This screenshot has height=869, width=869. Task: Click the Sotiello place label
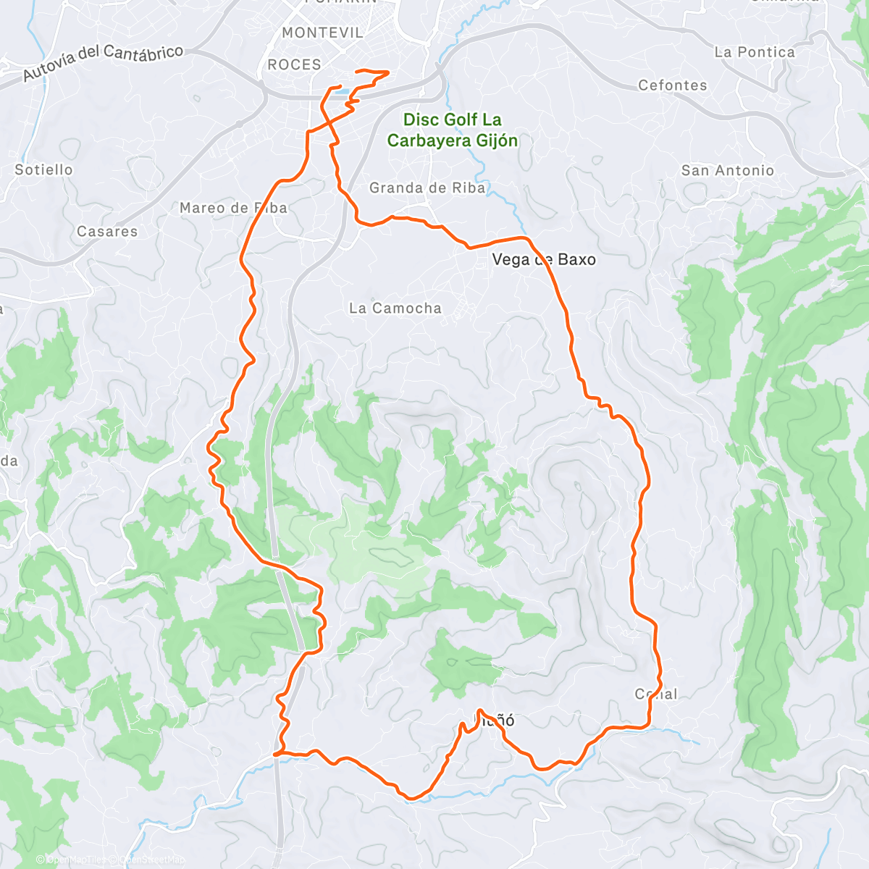43,169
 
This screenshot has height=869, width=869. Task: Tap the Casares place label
107,232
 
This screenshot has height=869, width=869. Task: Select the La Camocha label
395,308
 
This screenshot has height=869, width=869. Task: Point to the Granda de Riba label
427,188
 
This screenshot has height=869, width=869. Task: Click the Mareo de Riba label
233,209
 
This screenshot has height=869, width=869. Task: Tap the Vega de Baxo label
544,260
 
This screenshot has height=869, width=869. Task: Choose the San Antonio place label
728,171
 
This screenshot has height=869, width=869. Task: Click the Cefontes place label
672,85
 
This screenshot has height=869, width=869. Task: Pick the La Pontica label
755,52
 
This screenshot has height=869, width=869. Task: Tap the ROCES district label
294,65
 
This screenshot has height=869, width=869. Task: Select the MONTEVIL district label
322,33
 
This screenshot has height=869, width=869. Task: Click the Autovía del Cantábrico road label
103,63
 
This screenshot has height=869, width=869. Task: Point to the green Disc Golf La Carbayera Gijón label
453,130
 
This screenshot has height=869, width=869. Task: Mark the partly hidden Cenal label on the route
656,694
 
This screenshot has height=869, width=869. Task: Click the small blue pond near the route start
341,93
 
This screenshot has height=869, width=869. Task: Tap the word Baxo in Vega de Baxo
576,260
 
